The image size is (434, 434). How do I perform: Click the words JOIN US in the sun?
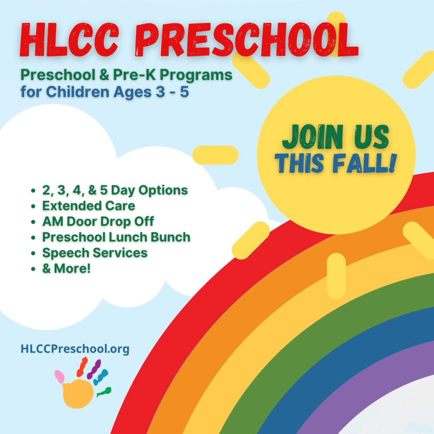(336, 136)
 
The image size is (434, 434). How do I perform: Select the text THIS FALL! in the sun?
(336, 163)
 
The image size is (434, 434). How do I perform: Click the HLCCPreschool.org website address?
(75, 349)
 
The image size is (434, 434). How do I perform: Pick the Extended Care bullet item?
(89, 206)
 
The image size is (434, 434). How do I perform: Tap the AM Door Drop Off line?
(98, 221)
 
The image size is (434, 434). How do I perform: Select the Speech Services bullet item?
(95, 253)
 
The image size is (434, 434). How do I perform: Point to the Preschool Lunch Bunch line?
(116, 237)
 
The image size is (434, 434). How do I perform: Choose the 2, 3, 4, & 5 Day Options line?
(115, 190)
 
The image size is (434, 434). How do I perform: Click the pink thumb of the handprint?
(59, 377)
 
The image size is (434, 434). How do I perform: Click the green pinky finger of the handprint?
(104, 392)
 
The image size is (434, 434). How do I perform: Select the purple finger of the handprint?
(94, 369)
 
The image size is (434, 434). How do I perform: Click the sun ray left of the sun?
(215, 155)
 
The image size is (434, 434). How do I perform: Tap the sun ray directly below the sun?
(336, 275)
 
